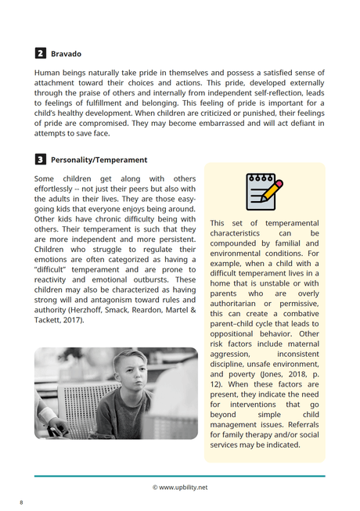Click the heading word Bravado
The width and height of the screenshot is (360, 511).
click(x=66, y=54)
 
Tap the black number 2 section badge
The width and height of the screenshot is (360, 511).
click(x=40, y=54)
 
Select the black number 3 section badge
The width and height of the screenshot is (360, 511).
click(x=40, y=160)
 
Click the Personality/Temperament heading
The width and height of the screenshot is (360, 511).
click(x=99, y=160)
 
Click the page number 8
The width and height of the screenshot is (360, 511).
click(x=21, y=502)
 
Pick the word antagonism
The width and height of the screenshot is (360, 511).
click(x=113, y=300)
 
